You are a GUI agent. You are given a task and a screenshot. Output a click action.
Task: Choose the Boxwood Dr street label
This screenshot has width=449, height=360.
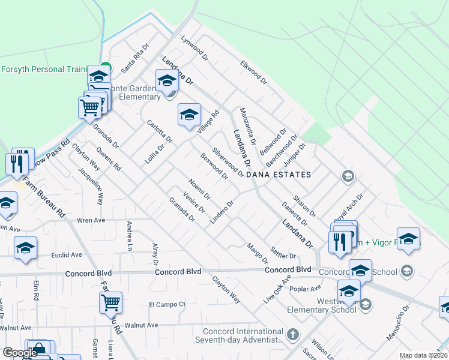click(214, 166)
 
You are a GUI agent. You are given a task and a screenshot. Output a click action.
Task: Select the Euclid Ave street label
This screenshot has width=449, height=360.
click(68, 254)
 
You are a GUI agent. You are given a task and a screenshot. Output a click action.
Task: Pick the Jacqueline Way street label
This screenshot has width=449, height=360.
click(91, 186)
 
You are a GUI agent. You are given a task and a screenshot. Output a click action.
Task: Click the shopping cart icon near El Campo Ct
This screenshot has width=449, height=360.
click(110, 302)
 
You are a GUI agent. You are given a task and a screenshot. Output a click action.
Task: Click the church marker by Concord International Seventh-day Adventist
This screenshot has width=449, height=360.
click(292, 334)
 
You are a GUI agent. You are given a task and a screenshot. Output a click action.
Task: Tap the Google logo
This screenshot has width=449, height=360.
click(20, 353)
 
